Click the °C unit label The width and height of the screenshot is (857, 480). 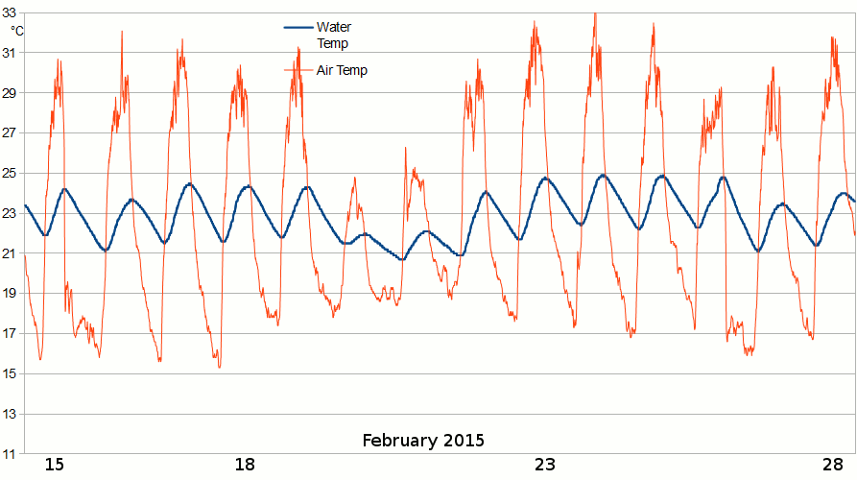click(17, 31)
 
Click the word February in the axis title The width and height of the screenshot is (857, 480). click(400, 442)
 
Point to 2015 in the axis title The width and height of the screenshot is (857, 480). click(464, 442)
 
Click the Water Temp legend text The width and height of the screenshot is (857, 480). click(333, 35)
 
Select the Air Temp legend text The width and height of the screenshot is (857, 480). click(342, 70)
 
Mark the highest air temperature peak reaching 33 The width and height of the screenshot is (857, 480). click(595, 14)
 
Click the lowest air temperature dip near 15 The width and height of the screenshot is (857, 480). click(219, 367)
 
